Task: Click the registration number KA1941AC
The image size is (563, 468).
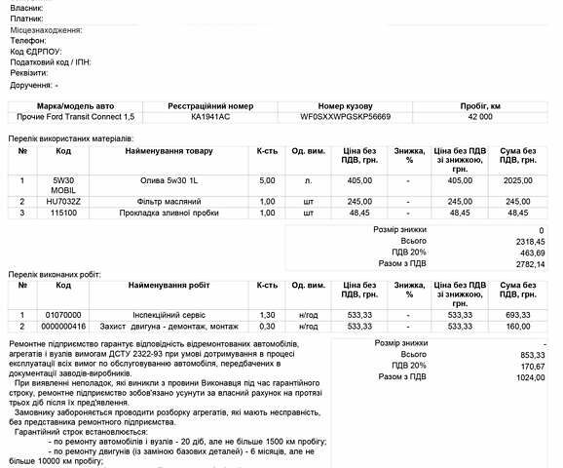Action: pyautogui.click(x=210, y=117)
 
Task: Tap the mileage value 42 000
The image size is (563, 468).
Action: pyautogui.click(x=480, y=117)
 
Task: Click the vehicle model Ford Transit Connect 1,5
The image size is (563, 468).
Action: pyautogui.click(x=77, y=117)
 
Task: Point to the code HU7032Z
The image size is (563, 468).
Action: pyautogui.click(x=63, y=201)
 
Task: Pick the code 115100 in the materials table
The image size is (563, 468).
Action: pyautogui.click(x=63, y=213)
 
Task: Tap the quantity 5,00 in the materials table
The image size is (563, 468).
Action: pyautogui.click(x=267, y=180)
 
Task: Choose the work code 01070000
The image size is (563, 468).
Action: pyautogui.click(x=63, y=315)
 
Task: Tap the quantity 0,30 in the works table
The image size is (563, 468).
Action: pyautogui.click(x=267, y=327)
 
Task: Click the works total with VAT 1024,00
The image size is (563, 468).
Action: pyautogui.click(x=527, y=377)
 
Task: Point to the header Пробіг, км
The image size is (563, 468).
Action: pyautogui.click(x=480, y=104)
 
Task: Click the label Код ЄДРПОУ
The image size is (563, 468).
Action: pyautogui.click(x=36, y=52)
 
